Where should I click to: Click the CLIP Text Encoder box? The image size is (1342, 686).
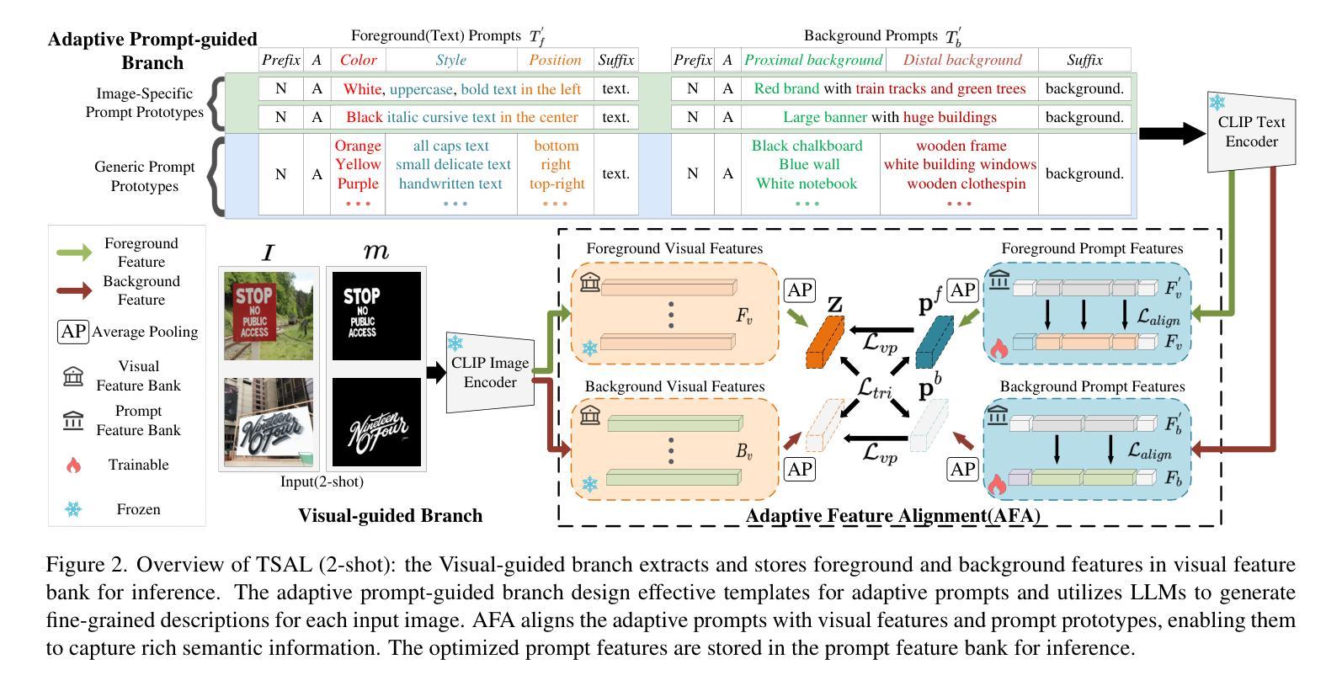pos(1251,132)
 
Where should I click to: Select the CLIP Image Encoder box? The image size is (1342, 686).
pos(490,372)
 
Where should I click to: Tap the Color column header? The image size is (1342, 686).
pos(359,60)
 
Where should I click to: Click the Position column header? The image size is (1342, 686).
pos(555,60)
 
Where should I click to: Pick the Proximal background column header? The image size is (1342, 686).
pos(813,60)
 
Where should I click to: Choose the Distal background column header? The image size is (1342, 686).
pos(962,60)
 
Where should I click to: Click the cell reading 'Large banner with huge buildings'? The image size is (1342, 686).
pos(890,117)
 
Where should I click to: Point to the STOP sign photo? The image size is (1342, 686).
pos(269,315)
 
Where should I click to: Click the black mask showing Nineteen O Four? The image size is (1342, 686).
pos(376,422)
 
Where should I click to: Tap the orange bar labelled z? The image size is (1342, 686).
pos(825,342)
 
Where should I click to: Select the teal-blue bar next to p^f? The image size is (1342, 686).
pos(935,342)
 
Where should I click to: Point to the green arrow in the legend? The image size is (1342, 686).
pos(74,253)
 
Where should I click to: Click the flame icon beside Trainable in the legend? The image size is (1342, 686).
pos(73,465)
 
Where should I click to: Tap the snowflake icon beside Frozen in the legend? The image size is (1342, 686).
pos(73,509)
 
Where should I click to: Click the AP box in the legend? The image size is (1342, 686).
pos(73,332)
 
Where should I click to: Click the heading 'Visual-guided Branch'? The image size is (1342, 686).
pos(390,515)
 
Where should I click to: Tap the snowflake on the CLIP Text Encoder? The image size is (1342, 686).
pos(1217,103)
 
